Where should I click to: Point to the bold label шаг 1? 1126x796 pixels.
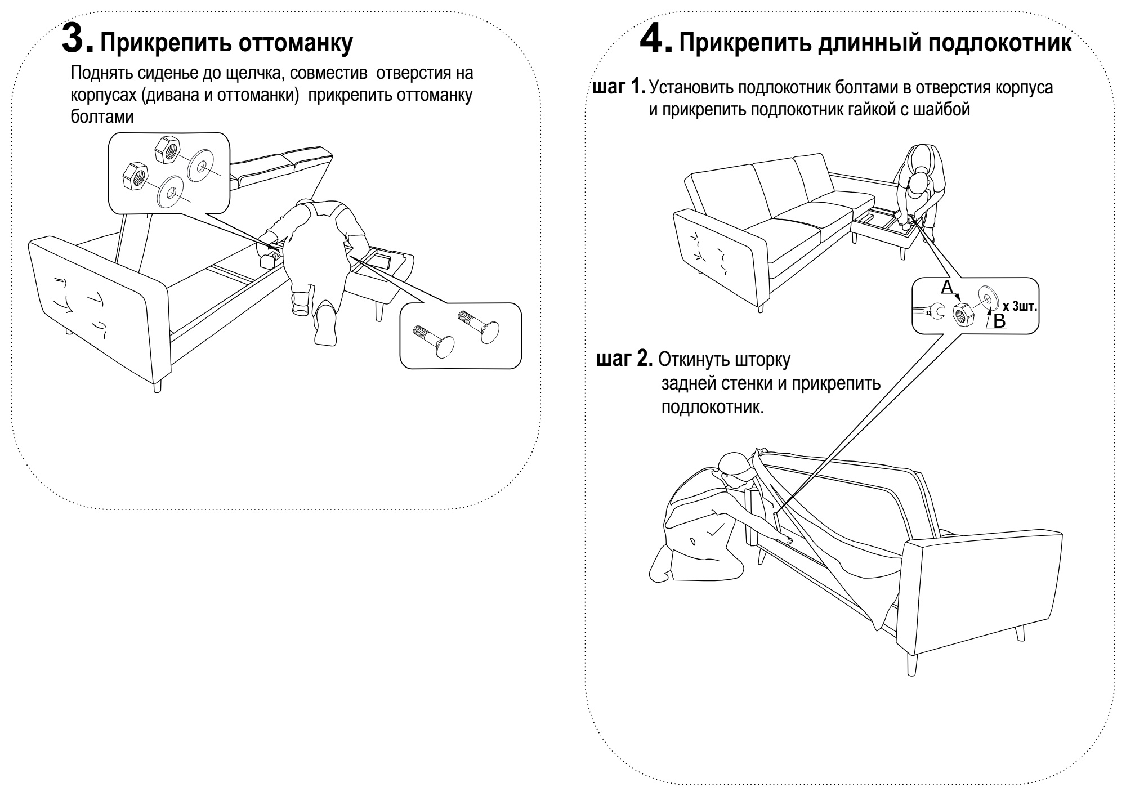[x=618, y=88]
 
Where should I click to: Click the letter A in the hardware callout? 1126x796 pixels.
[x=947, y=287]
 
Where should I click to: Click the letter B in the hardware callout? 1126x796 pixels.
[x=999, y=321]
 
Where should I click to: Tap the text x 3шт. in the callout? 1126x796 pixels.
[x=1020, y=306]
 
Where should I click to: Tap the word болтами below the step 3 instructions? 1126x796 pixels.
[x=102, y=117]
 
